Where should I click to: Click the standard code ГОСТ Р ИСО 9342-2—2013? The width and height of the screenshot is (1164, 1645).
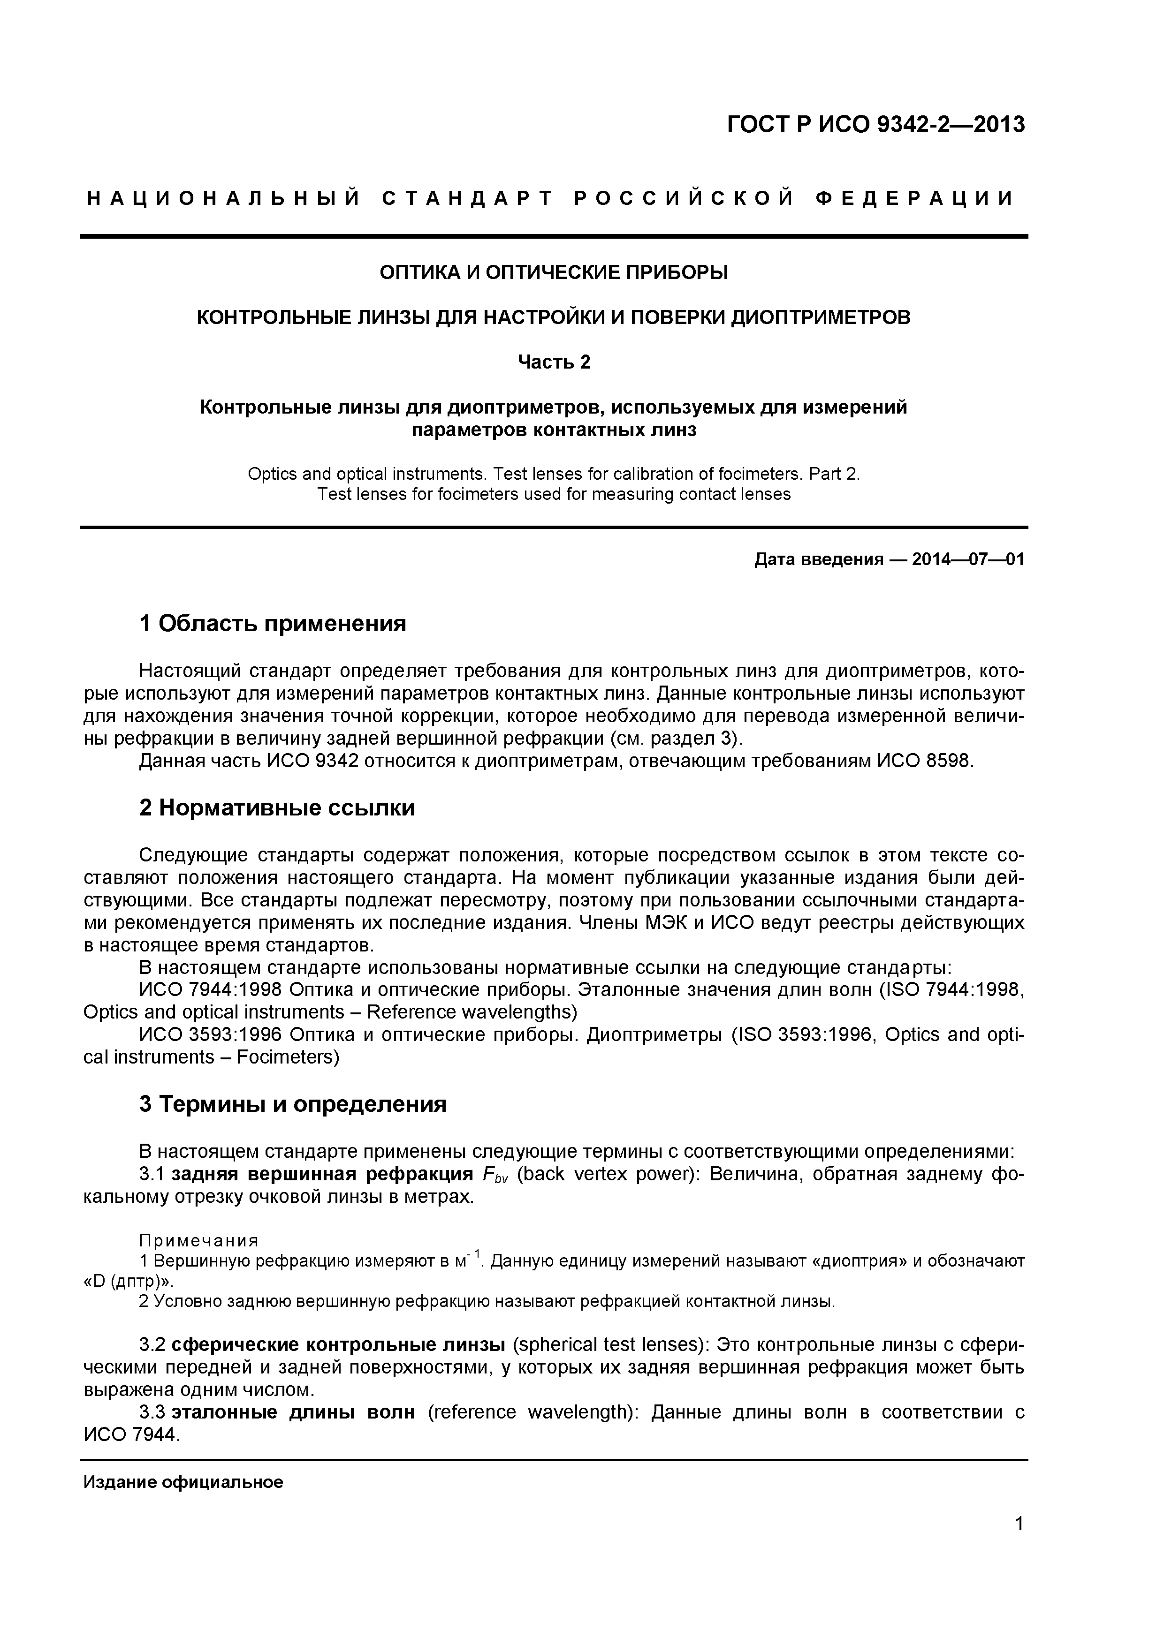point(876,125)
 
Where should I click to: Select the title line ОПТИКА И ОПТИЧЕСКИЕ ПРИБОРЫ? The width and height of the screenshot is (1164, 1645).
point(553,272)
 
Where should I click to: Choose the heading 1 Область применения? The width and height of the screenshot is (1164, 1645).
point(273,624)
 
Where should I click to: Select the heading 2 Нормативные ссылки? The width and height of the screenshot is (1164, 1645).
point(277,808)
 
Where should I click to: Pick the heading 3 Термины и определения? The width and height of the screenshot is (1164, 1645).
point(292,1105)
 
